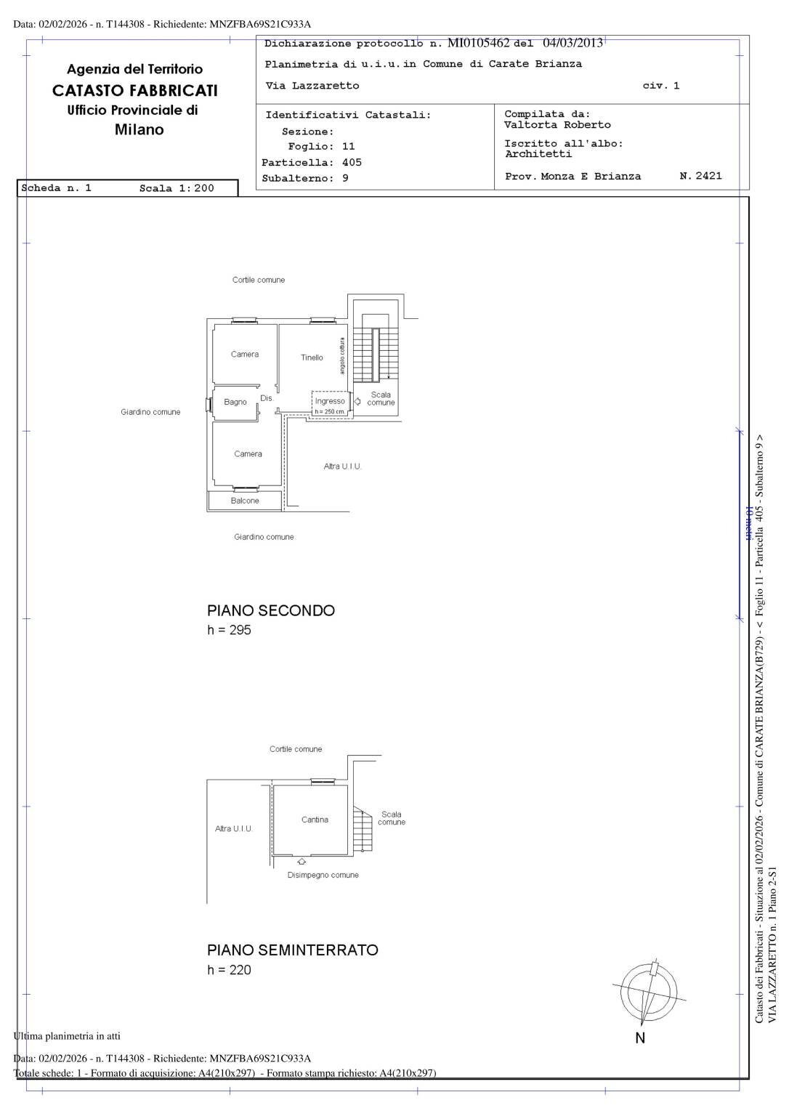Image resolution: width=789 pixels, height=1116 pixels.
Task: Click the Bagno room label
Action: pos(235,402)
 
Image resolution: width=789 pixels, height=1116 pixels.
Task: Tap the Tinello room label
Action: pos(312,357)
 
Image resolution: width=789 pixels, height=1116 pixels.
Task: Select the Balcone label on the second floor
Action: pos(245,501)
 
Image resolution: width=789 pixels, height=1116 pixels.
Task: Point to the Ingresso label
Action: pos(330,401)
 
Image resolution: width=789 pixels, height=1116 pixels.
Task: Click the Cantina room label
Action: pos(315,820)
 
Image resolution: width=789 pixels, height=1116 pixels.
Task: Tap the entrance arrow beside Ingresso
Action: pos(357,402)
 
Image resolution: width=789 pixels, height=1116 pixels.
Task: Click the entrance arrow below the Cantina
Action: pos(302,862)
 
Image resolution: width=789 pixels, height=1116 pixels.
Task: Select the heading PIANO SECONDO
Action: pos(271,611)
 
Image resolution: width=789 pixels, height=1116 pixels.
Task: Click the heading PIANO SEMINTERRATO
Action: pos(293,950)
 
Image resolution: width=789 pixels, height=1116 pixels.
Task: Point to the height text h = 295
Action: pos(229,630)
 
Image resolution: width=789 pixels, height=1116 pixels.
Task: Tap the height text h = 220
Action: pos(229,970)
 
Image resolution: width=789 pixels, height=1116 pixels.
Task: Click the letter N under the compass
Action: pos(641,1038)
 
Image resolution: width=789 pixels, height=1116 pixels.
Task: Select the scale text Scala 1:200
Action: pos(177,188)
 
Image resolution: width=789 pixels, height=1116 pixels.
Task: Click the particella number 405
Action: pos(352,163)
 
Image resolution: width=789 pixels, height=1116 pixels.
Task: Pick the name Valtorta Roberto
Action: pos(557,124)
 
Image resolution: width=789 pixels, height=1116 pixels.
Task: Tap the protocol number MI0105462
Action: pos(479,43)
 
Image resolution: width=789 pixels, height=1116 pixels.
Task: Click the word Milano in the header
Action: pos(139,129)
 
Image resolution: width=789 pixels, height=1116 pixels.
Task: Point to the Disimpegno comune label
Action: pos(323,875)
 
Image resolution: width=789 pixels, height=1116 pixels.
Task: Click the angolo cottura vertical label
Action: pos(341,356)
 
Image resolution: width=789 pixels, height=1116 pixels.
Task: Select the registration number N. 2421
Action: pos(701,175)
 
